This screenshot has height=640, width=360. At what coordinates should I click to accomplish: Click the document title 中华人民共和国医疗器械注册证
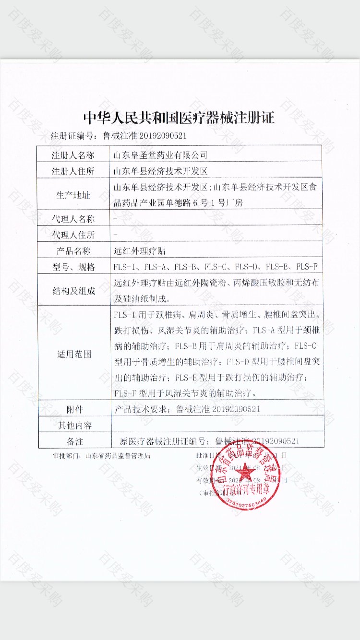tap(179, 118)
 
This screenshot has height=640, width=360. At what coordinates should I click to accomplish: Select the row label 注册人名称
tap(73, 155)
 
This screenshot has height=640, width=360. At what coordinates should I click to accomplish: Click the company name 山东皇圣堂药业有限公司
tap(159, 155)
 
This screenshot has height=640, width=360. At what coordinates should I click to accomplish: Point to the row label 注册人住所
tap(73, 171)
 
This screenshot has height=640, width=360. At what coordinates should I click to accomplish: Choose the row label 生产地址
tap(73, 194)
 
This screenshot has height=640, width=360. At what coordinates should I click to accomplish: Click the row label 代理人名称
tap(73, 219)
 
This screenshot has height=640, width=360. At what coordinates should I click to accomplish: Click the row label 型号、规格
tap(73, 267)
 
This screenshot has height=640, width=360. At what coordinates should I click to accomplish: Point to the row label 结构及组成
tap(73, 291)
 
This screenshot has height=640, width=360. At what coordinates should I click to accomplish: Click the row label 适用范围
tap(73, 355)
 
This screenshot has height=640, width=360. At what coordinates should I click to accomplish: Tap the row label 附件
tap(74, 409)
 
